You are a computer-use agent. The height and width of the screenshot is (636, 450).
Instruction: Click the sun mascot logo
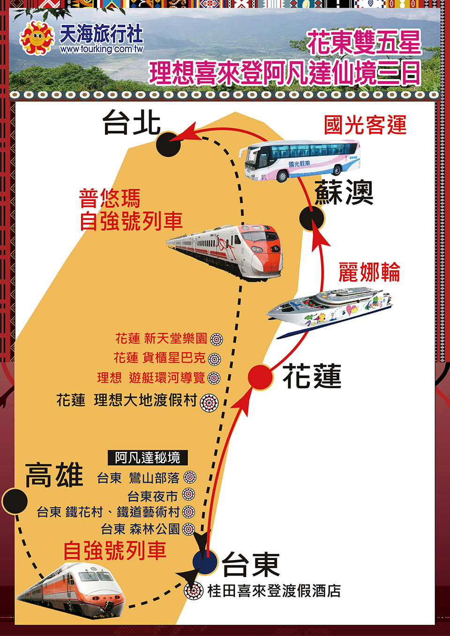pos(37,38)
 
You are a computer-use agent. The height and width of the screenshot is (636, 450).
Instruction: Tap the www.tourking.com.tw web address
pos(101,49)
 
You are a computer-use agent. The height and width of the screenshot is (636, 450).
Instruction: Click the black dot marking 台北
pos(168,144)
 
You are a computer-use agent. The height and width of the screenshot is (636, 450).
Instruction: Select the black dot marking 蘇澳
pos(312,219)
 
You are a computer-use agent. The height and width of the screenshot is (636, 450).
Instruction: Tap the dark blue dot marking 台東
pos(205,562)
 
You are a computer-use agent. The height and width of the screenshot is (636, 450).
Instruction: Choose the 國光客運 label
pos(365,125)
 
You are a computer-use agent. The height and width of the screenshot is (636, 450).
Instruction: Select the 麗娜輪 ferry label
pos(369,272)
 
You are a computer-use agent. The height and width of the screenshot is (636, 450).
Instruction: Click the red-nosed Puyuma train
pos(225,252)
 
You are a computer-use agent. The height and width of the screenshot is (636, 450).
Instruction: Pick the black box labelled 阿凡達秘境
pos(148,458)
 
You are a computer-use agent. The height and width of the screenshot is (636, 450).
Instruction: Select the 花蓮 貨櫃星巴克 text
pos(159,358)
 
